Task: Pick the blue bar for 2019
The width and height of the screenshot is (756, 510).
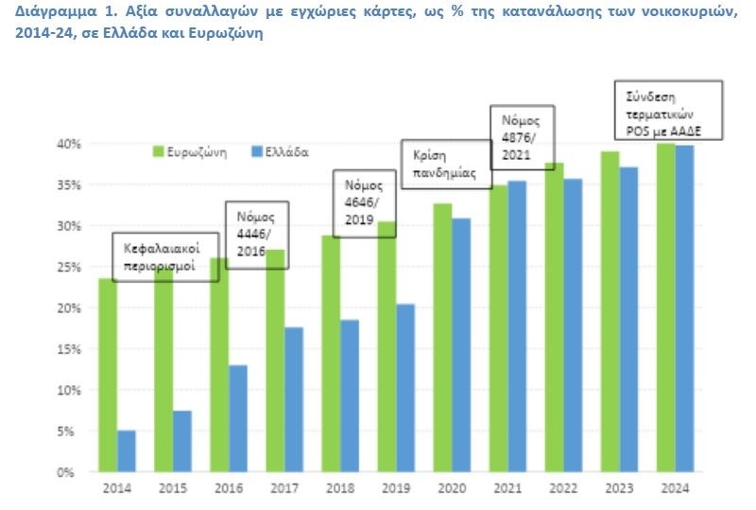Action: coord(404,388)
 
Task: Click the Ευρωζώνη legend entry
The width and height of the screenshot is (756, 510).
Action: coord(189,151)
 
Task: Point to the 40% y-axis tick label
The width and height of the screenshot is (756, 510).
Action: coord(69,144)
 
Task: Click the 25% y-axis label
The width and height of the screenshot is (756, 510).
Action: coord(69,267)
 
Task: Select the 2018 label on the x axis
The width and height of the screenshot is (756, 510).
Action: coord(339,488)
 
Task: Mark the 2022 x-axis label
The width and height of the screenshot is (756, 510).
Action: coord(562,488)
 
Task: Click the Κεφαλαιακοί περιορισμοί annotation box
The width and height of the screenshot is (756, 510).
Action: coord(165,257)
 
